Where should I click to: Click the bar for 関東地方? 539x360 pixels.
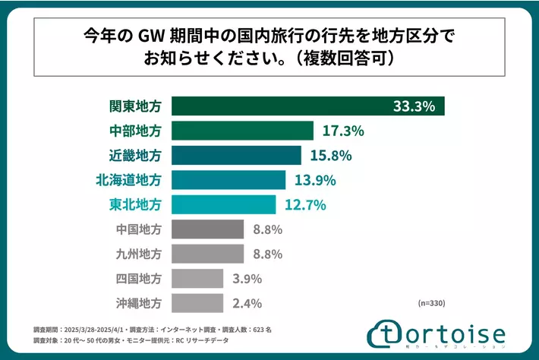pyautogui.click(x=307, y=106)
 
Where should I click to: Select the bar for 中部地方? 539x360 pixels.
pyautogui.click(x=242, y=131)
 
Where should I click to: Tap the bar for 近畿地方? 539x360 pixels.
pyautogui.click(x=236, y=156)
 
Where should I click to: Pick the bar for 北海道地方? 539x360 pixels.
pyautogui.click(x=229, y=180)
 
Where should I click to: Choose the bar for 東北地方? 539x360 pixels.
pyautogui.click(x=224, y=205)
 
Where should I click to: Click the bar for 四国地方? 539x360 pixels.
pyautogui.click(x=197, y=278)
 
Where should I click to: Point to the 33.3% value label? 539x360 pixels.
pyautogui.click(x=414, y=106)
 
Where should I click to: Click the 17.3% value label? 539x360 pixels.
pyautogui.click(x=343, y=131)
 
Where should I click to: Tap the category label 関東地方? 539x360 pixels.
pyautogui.click(x=135, y=106)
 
